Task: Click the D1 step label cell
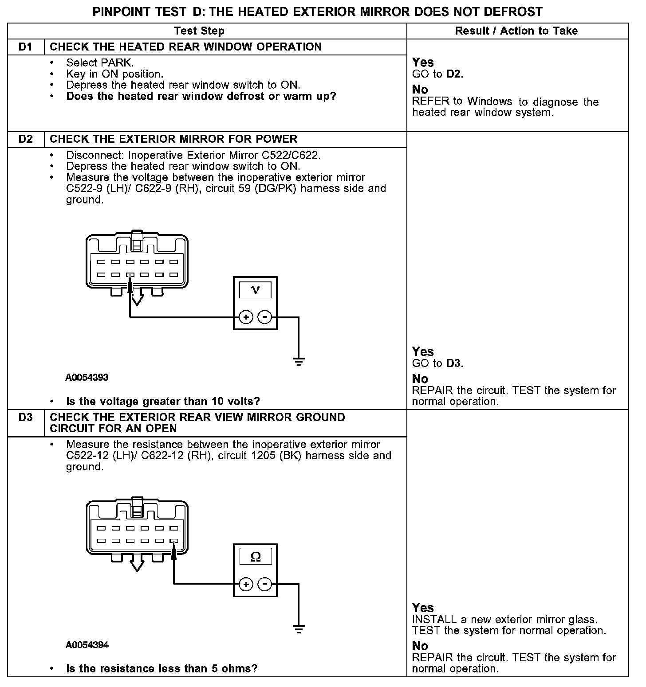(x=26, y=47)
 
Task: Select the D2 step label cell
(x=26, y=139)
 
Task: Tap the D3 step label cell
(x=26, y=418)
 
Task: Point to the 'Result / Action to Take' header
(x=516, y=31)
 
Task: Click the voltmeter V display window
(x=255, y=290)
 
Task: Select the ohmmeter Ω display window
(x=256, y=557)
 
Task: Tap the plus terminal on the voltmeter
(x=246, y=317)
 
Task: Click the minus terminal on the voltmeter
(x=265, y=317)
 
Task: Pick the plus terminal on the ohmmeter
(x=246, y=585)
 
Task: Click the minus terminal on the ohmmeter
(x=265, y=585)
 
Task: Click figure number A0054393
(x=87, y=378)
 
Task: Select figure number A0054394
(x=87, y=645)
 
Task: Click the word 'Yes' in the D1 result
(x=423, y=62)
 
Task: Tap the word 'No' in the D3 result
(x=420, y=646)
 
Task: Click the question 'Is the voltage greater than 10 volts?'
(x=163, y=402)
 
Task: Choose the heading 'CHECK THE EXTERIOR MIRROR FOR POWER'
(x=173, y=139)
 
